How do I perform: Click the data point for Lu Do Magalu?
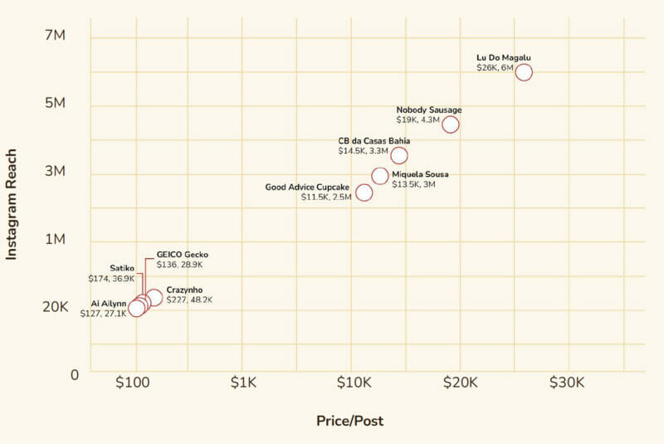[x=523, y=72]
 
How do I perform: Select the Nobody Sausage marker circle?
[x=450, y=124]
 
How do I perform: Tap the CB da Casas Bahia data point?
[x=399, y=156]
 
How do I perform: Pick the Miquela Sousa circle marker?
[x=379, y=176]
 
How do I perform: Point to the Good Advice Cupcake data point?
[x=364, y=193]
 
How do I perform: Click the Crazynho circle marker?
[x=154, y=298]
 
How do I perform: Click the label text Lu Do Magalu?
[x=503, y=57]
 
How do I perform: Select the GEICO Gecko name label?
[x=182, y=255]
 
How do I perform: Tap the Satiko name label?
[x=122, y=268]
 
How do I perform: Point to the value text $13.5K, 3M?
[x=413, y=184]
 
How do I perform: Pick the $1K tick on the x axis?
[x=242, y=383]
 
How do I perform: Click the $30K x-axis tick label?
[x=569, y=383]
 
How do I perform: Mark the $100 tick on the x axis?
[x=133, y=383]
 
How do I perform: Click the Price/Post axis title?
[x=349, y=421]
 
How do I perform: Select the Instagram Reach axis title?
[x=12, y=200]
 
